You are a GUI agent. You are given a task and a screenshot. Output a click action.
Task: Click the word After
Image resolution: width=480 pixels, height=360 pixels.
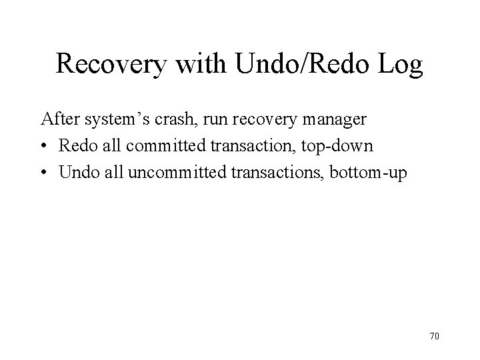click(x=59, y=120)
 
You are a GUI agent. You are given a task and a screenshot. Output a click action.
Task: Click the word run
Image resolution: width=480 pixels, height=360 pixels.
click(x=217, y=120)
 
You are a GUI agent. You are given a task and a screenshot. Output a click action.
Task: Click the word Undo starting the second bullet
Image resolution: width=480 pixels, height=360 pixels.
click(x=77, y=172)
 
